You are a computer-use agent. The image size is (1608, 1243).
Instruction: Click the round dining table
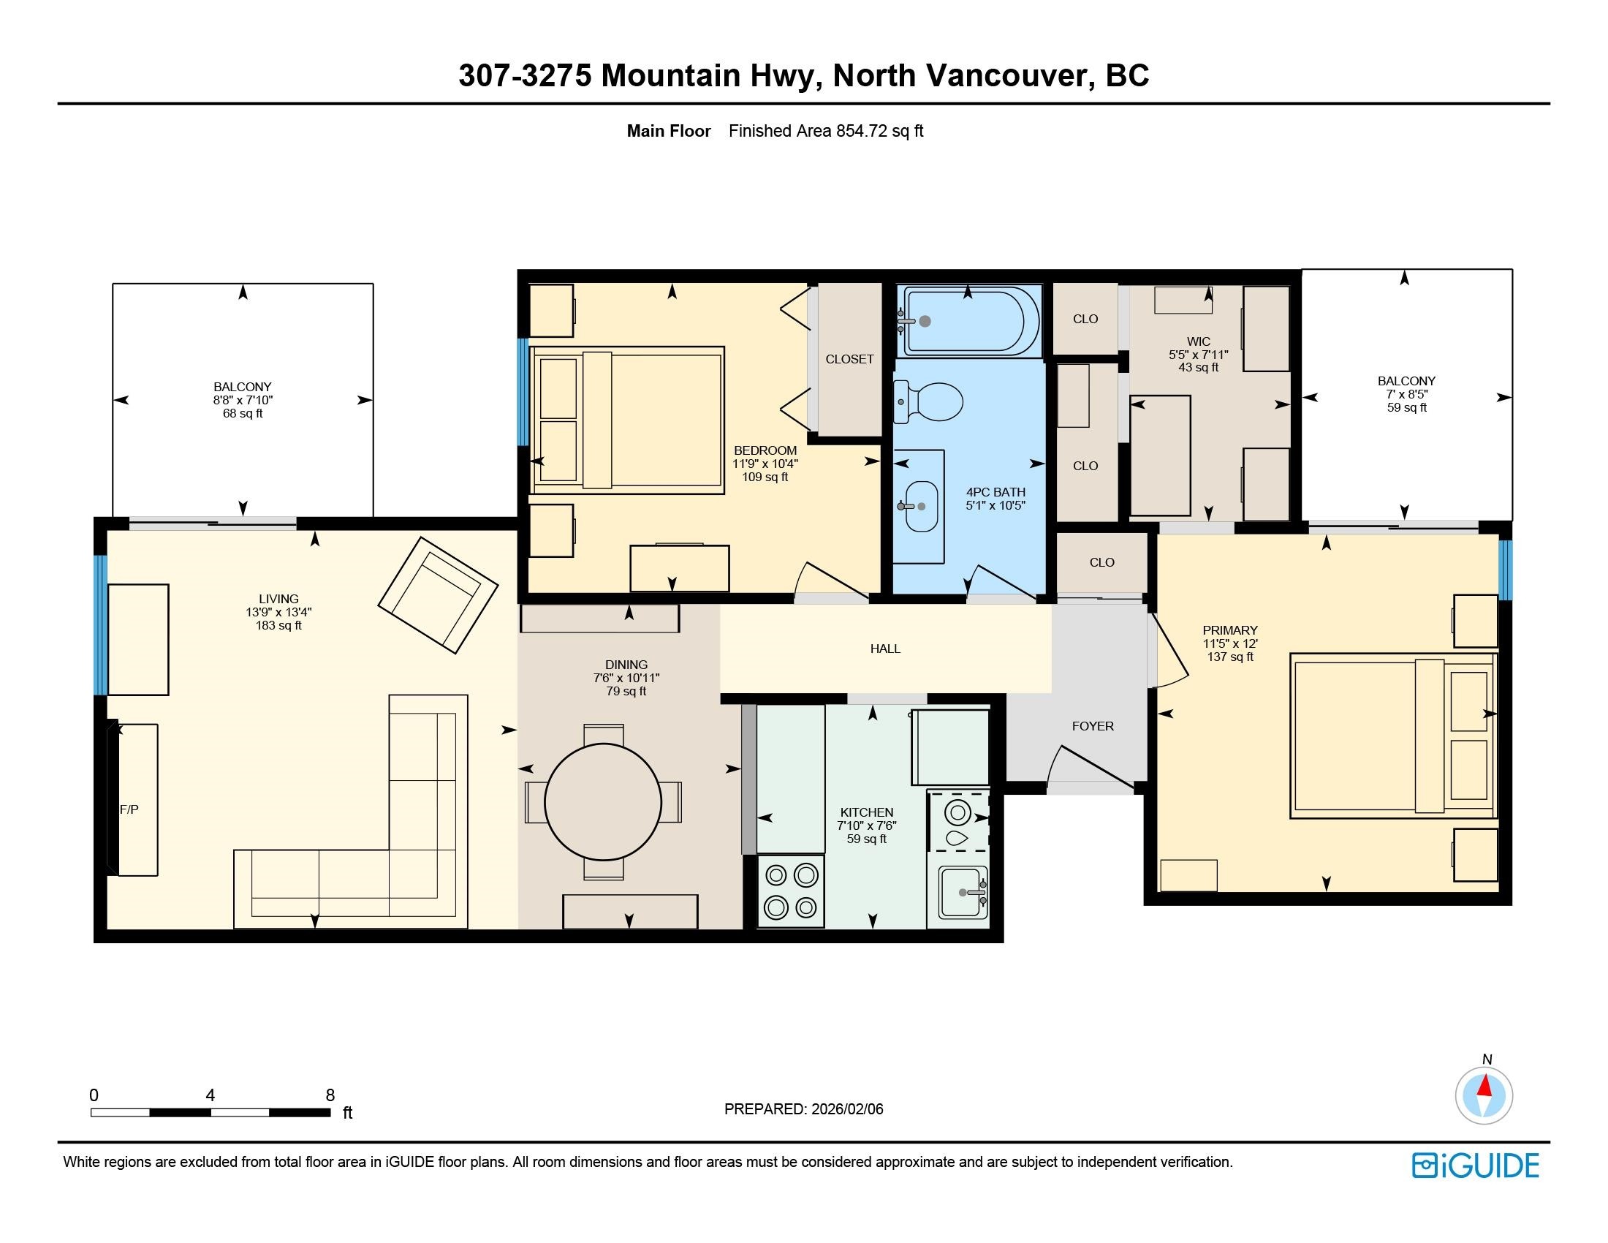click(603, 801)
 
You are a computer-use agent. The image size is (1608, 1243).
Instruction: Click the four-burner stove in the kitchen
click(791, 891)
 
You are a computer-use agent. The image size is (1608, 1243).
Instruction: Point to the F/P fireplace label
click(129, 809)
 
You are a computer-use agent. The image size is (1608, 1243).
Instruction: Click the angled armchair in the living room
click(438, 595)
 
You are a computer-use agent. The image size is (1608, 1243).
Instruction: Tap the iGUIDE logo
click(1476, 1165)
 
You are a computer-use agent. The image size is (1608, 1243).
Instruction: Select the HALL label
click(885, 649)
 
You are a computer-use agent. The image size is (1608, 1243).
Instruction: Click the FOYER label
click(1093, 726)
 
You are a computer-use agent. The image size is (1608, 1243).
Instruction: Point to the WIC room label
click(1199, 341)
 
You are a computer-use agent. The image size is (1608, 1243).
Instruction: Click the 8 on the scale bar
click(330, 1095)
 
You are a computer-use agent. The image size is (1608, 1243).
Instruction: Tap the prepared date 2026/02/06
click(847, 1109)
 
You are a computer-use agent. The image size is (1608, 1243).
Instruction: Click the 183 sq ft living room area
click(278, 625)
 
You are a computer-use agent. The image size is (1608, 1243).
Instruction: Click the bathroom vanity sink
click(921, 507)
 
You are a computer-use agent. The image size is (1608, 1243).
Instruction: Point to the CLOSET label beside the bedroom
click(849, 359)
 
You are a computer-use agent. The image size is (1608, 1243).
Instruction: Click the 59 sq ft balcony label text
click(1407, 407)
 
